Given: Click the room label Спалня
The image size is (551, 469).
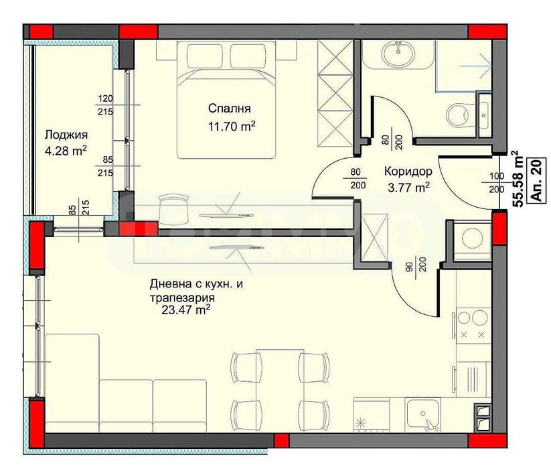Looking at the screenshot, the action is (230, 109).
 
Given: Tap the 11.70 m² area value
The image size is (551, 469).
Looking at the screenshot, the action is (232, 126).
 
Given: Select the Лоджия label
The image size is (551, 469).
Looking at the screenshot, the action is (66, 135).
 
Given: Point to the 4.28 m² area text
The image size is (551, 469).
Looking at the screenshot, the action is (66, 151).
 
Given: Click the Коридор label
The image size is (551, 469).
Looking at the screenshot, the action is (408, 172).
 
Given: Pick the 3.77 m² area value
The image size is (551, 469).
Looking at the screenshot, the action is (408, 188).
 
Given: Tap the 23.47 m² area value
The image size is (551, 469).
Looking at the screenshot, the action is (186, 310).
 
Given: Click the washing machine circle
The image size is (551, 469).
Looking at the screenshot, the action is (472, 239).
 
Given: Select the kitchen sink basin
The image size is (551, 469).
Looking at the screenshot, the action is (422, 414).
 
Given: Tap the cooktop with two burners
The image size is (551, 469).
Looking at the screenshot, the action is (473, 324).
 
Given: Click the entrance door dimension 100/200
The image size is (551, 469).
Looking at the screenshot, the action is (497, 183).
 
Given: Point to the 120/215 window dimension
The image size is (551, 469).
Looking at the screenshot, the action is (105, 105).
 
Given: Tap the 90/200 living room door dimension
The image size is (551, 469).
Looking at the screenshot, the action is (415, 268).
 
